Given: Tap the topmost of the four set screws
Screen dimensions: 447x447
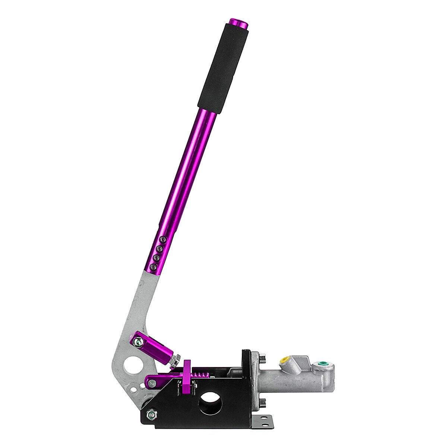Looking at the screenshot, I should (x=162, y=240).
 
